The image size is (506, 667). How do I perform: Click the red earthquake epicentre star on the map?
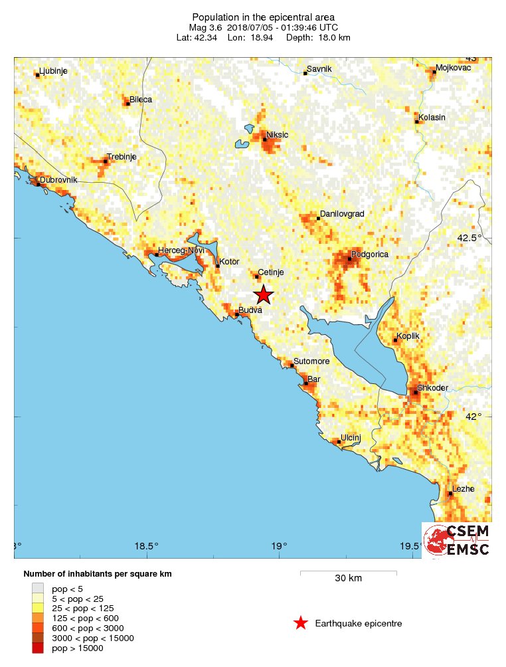click(x=264, y=294)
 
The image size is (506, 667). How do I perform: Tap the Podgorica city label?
click(x=369, y=254)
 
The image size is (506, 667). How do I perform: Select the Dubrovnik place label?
click(x=58, y=180)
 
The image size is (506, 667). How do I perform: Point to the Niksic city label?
click(x=278, y=135)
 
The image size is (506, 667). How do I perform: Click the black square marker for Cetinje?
click(x=257, y=276)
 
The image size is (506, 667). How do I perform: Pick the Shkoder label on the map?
click(x=432, y=388)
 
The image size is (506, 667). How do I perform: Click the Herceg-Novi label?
click(x=181, y=250)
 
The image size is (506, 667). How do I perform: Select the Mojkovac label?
click(x=453, y=68)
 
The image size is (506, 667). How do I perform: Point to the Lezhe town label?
click(x=463, y=489)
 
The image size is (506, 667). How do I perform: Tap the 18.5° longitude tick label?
click(x=146, y=547)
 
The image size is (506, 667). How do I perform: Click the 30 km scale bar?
click(x=348, y=571)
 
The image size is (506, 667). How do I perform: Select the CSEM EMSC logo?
click(x=457, y=539)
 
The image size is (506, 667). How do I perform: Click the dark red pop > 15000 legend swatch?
click(x=39, y=648)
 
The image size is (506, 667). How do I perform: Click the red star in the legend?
click(x=301, y=623)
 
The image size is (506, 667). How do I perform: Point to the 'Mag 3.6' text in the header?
click(x=203, y=27)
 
